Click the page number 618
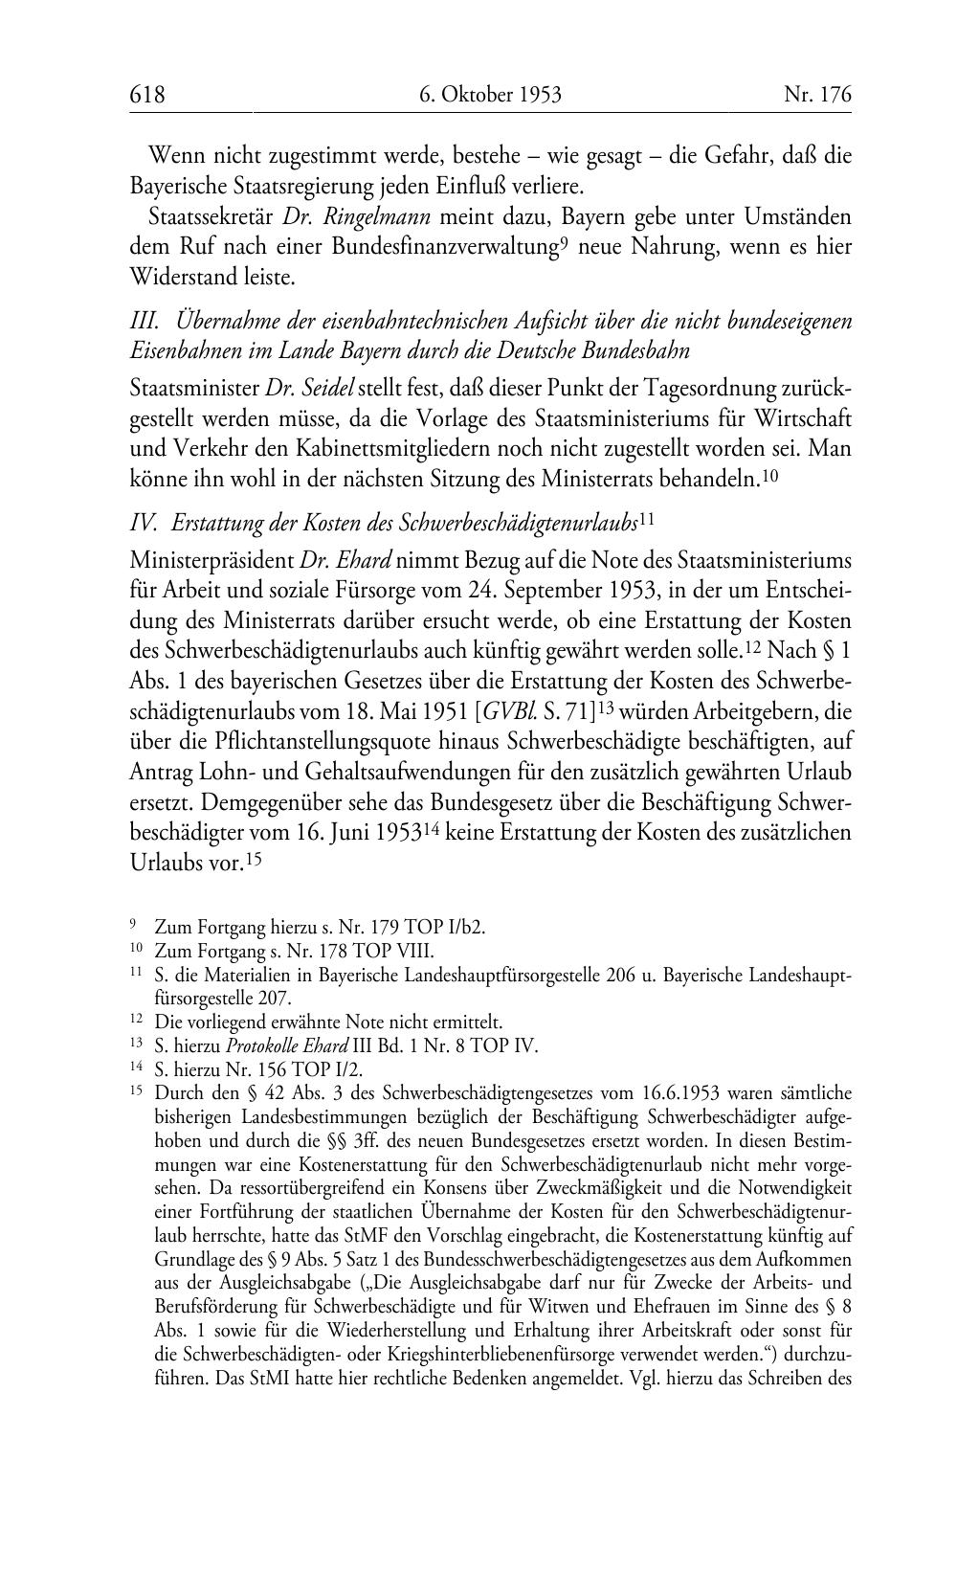click(x=147, y=94)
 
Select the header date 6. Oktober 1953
click(x=490, y=94)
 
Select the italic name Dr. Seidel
click(x=310, y=388)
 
